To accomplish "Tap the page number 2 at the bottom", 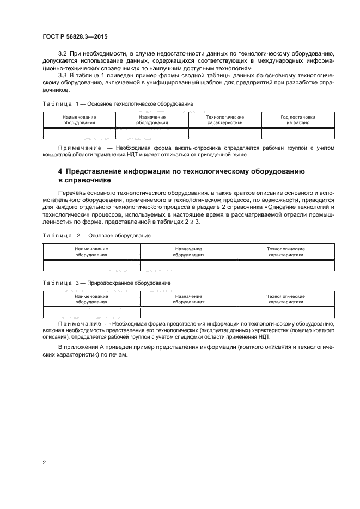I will (44, 462).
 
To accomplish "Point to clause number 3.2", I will (61, 54).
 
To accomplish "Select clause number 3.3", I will (61, 76).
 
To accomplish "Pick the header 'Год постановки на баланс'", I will (298, 120).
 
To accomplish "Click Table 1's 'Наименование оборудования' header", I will (79, 120).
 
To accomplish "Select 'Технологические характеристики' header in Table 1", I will (224, 120).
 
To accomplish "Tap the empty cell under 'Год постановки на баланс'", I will (298, 134).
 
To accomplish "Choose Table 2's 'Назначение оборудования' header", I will (188, 252).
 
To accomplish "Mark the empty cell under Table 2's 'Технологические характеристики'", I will (285, 266).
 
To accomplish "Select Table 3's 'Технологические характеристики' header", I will (285, 299).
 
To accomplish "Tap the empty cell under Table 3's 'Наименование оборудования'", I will (91, 313).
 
